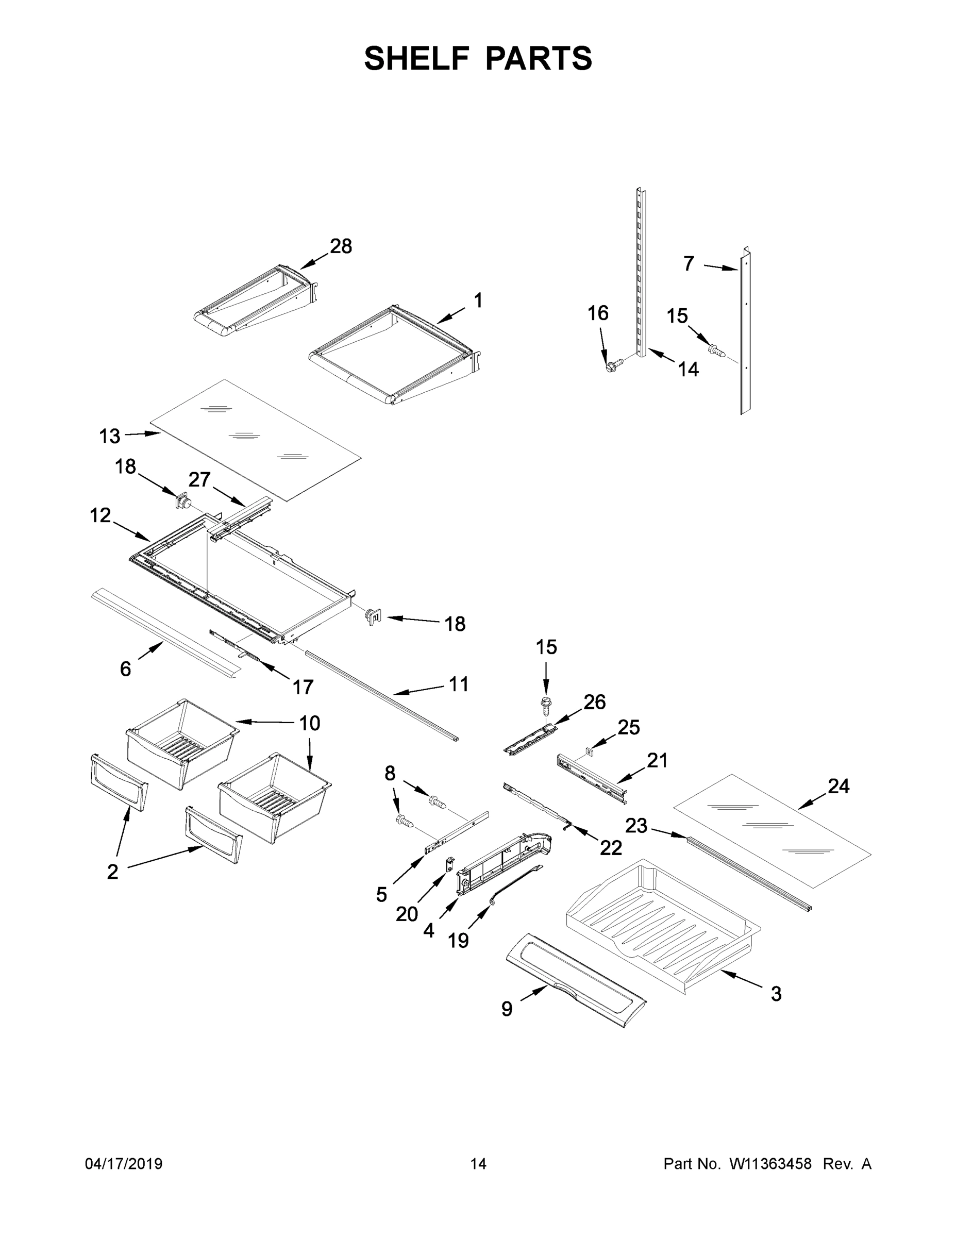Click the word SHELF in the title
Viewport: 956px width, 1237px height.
coord(416,58)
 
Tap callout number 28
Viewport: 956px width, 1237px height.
coord(341,246)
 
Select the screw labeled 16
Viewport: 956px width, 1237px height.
coord(613,364)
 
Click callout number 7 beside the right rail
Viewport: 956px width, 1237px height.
coord(688,263)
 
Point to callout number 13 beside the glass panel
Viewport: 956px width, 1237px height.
coord(109,436)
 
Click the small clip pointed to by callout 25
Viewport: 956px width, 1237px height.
coord(590,751)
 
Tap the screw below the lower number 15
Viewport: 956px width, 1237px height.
coord(546,706)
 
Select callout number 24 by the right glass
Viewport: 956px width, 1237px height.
coord(838,786)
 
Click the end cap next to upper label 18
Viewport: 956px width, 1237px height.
coord(183,500)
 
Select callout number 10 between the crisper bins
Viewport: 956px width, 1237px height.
coord(310,723)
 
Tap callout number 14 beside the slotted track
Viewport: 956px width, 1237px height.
coord(688,370)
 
